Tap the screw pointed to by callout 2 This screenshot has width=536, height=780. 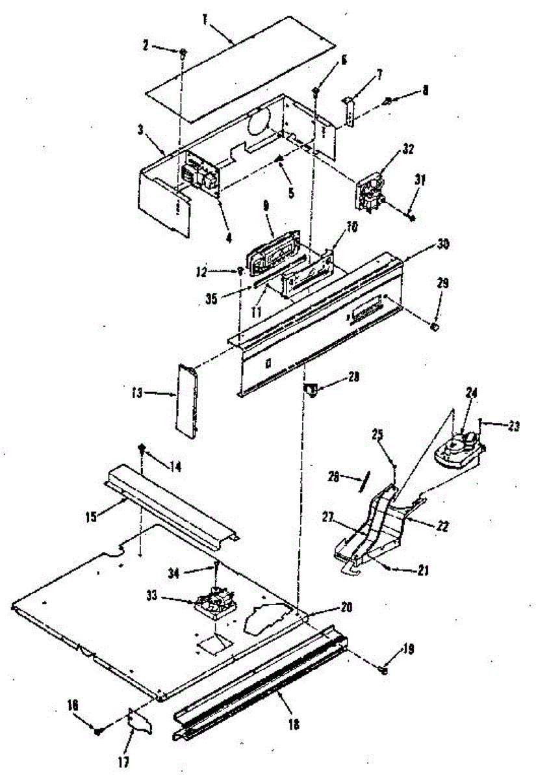(x=183, y=52)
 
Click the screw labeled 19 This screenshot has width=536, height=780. (x=384, y=669)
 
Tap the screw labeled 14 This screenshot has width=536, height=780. (x=140, y=448)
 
